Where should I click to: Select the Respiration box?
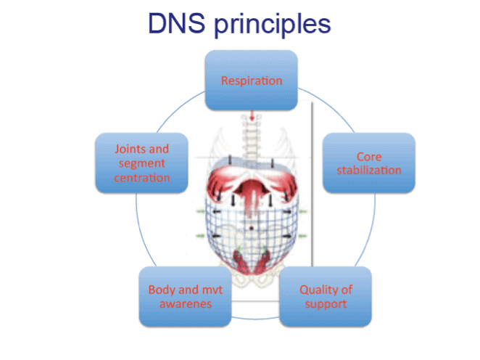pos(252,80)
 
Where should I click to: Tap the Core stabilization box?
pos(368,163)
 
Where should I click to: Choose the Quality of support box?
pos(326,295)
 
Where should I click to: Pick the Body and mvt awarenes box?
pos(185,295)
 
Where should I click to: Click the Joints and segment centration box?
pos(141,163)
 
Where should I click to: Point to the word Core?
pos(369,156)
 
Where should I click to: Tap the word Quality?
pos(320,290)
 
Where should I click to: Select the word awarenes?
pos(186,303)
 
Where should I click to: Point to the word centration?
pos(142,177)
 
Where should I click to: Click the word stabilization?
pos(369,171)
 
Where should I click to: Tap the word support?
pos(326,303)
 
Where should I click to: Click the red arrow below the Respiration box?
pos(252,116)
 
